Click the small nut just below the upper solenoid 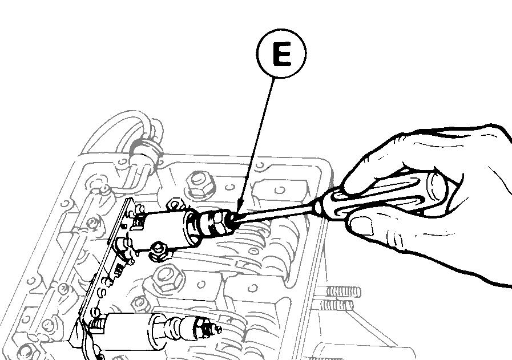(x=159, y=249)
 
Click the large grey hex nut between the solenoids (x=168, y=276)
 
